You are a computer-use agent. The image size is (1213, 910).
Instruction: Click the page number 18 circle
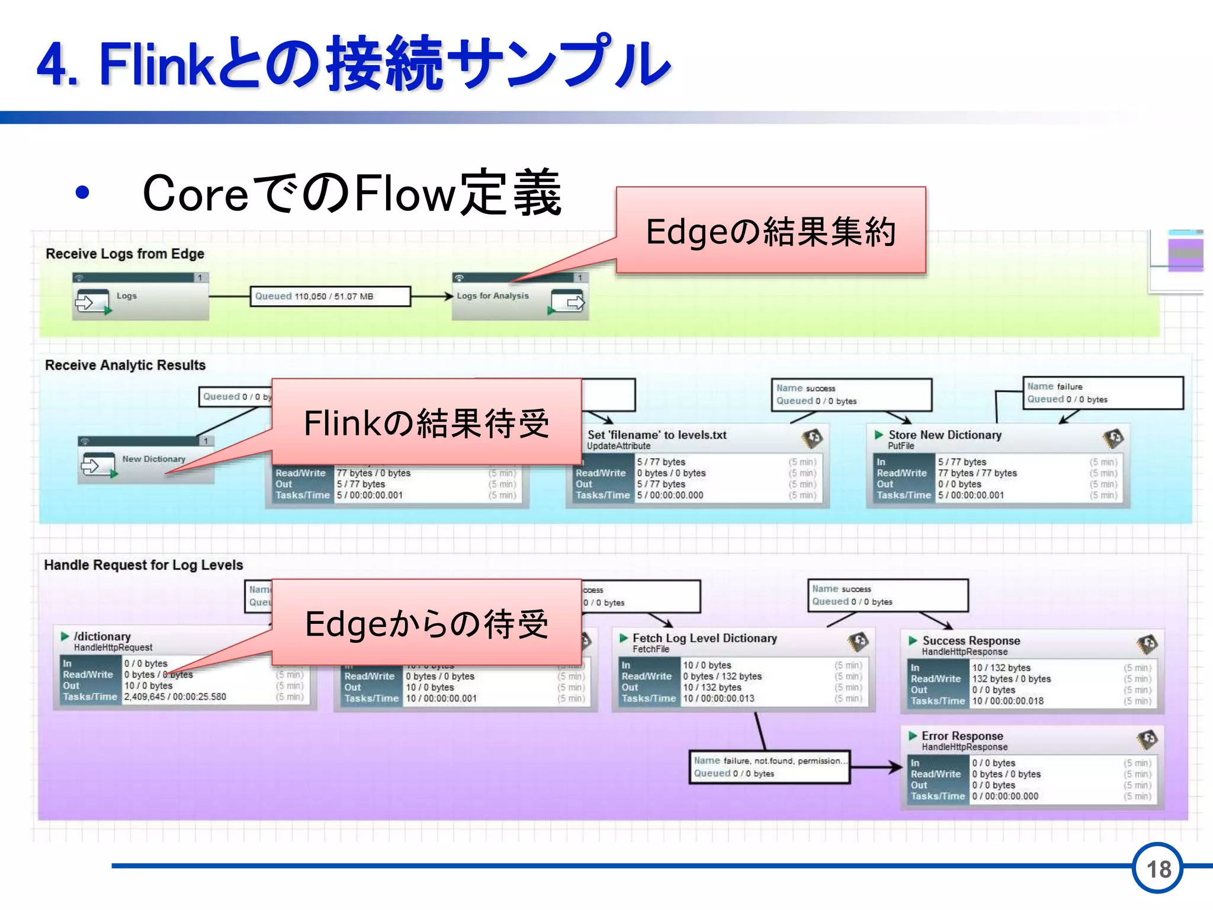click(x=1158, y=869)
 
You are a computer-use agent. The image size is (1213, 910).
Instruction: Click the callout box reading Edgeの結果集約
click(x=771, y=230)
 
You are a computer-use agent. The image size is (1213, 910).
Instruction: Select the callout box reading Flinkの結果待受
click(x=426, y=422)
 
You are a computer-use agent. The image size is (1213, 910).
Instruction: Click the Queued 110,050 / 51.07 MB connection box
click(x=330, y=296)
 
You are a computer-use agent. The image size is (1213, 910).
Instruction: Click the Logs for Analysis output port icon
click(x=568, y=303)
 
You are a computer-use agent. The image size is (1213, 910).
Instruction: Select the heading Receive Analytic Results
click(x=125, y=365)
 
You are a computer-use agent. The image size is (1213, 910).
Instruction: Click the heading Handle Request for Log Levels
click(x=143, y=565)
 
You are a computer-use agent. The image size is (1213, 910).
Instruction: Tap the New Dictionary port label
click(x=153, y=459)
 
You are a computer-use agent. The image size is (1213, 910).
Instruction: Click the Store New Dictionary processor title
click(x=944, y=435)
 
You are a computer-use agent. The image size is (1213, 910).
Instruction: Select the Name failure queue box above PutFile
click(x=1103, y=393)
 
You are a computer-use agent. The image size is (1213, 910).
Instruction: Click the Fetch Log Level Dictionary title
click(x=704, y=638)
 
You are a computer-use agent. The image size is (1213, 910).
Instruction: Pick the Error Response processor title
click(x=962, y=736)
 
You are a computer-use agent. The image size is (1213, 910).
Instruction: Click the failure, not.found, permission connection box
click(x=769, y=767)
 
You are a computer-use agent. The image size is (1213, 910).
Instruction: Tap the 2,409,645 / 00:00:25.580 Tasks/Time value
click(x=175, y=697)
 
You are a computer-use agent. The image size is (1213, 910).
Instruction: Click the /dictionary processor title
click(x=102, y=636)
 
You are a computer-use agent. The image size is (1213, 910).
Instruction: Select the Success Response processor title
click(x=971, y=640)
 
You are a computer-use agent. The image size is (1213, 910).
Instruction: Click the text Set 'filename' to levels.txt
click(x=656, y=435)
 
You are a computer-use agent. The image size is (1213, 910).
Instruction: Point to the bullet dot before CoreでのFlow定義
click(x=82, y=193)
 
